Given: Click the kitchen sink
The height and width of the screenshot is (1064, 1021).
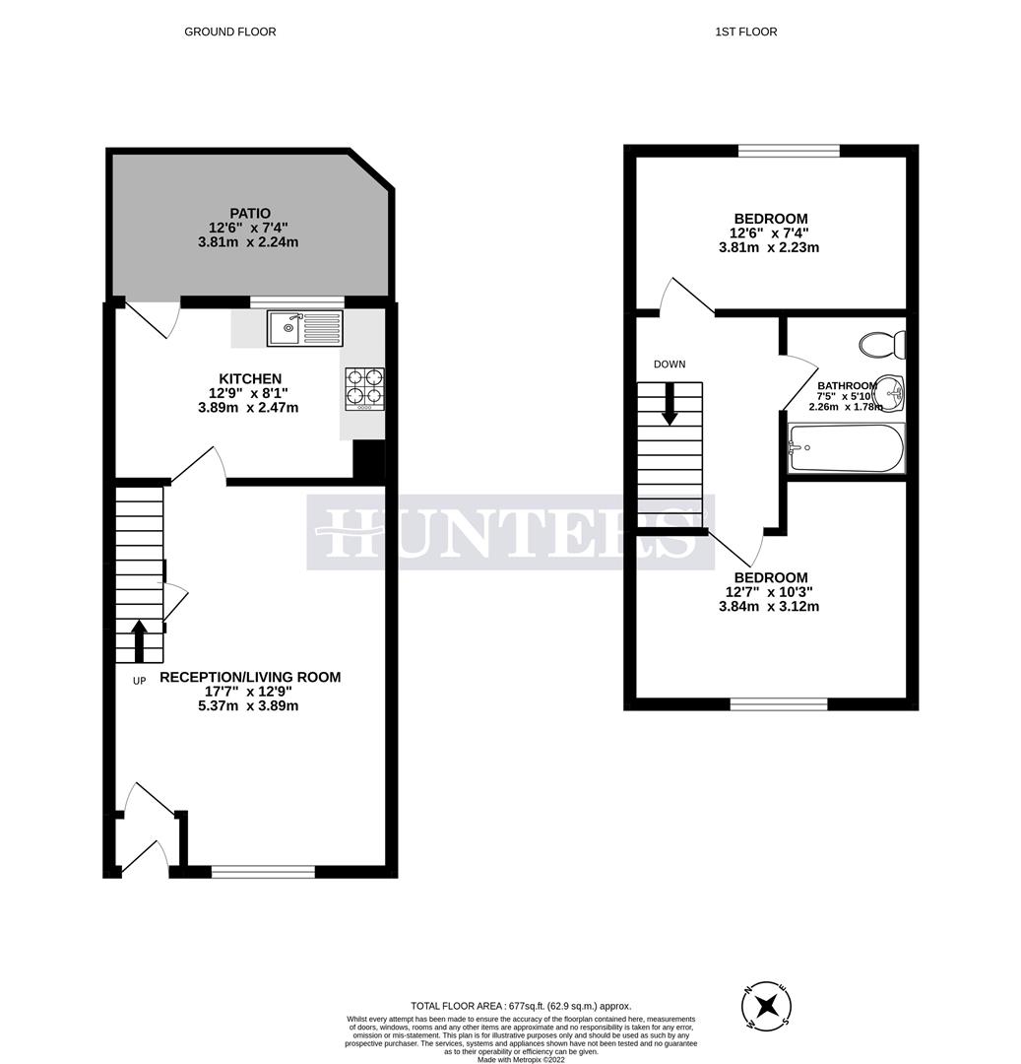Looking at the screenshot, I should tap(305, 328).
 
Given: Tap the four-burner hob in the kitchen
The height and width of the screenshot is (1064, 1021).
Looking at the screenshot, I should tap(364, 387).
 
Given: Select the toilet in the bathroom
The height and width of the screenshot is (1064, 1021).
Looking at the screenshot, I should tap(882, 345).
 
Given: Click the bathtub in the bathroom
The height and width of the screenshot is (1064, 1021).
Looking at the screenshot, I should tap(846, 448).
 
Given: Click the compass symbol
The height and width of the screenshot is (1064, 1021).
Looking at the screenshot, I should tap(767, 1006).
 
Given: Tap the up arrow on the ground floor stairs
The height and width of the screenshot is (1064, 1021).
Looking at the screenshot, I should tap(139, 639).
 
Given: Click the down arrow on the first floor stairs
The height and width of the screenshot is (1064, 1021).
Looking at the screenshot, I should tap(670, 404).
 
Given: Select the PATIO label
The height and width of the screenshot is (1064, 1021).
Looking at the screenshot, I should tap(250, 213).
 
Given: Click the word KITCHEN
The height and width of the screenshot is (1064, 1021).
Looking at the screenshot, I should tap(250, 378).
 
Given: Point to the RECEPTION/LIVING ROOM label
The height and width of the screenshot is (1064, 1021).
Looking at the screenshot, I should tap(250, 677).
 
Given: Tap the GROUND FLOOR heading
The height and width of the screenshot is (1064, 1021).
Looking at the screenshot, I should tap(230, 32).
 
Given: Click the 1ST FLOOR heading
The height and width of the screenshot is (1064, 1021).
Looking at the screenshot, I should tap(746, 32).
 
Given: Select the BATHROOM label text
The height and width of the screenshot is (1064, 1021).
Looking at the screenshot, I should tap(847, 386).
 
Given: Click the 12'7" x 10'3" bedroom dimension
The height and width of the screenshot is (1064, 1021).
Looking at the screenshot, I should tap(769, 592).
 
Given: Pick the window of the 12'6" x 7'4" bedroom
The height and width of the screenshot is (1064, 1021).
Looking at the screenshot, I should tap(789, 151).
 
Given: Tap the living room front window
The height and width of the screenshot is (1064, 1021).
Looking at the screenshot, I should tap(263, 871).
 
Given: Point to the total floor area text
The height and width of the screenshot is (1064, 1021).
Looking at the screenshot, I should tap(521, 1006).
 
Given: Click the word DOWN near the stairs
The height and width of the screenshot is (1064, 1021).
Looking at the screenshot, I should tap(670, 365).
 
